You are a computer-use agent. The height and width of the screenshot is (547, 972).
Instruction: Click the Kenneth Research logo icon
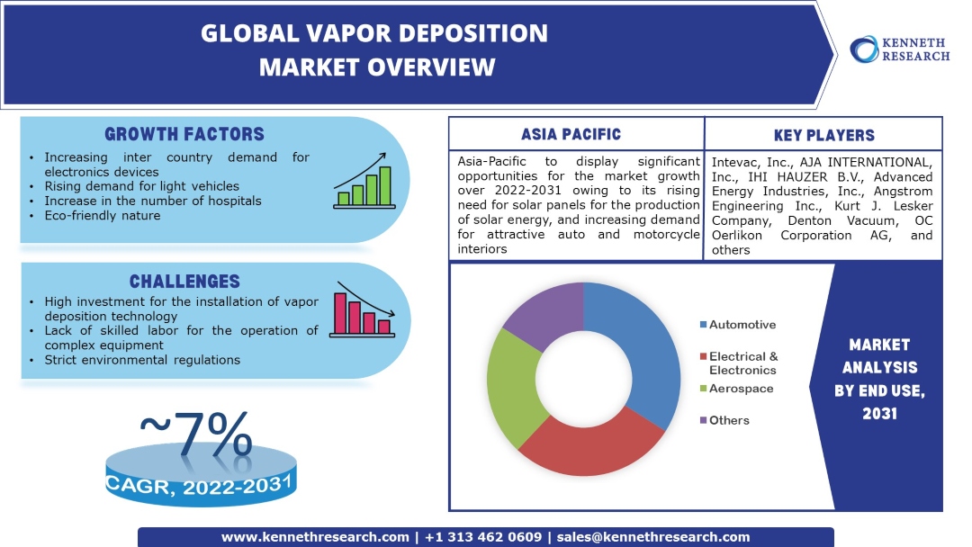tap(865, 49)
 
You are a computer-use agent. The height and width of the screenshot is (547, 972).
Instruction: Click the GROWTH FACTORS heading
tap(184, 135)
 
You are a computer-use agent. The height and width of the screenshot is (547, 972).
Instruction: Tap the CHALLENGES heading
tap(184, 282)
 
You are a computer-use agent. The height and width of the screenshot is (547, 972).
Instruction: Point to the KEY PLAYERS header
tap(823, 136)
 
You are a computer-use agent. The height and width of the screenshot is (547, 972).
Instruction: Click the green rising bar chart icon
tap(364, 186)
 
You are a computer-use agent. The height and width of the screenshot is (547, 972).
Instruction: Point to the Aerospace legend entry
tap(741, 389)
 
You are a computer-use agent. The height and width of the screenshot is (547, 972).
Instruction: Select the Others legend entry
tap(728, 420)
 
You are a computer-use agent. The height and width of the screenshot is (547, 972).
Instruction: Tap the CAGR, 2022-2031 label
tap(200, 486)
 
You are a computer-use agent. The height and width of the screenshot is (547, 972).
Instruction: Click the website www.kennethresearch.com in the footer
tap(315, 537)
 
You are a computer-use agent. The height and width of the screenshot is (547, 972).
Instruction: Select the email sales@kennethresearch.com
tap(653, 537)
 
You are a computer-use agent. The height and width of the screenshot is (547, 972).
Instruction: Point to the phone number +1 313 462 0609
tap(482, 537)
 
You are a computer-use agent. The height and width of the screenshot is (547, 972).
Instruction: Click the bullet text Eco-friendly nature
tap(103, 216)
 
